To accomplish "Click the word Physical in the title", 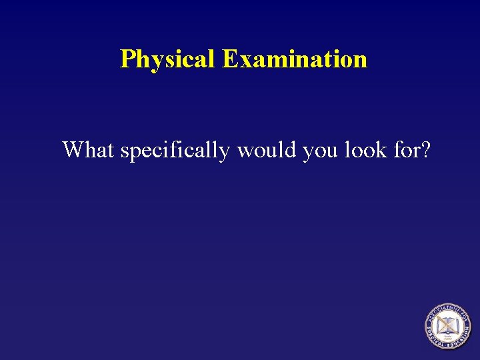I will [x=167, y=59].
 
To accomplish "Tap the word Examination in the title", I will [x=294, y=59].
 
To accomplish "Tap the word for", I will [x=404, y=150].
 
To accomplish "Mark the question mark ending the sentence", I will [x=425, y=150].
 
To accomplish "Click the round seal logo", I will [x=447, y=326].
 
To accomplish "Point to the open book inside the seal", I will [x=447, y=324].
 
